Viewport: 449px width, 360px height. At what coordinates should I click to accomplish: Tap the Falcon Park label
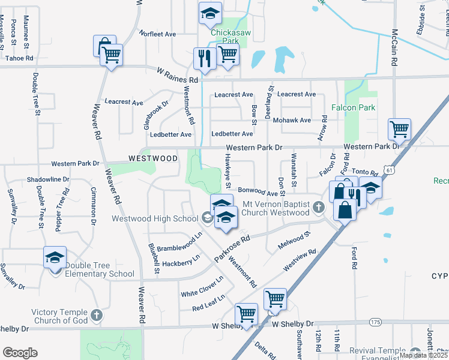tap(354, 108)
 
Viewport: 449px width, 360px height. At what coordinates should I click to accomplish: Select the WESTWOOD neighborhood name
tap(153, 158)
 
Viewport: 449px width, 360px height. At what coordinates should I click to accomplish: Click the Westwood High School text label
tap(155, 218)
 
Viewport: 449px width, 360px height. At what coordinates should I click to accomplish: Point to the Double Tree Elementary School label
tap(100, 269)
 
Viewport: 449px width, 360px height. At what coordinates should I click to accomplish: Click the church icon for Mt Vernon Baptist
tap(319, 208)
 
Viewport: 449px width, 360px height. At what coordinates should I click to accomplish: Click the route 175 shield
tap(376, 323)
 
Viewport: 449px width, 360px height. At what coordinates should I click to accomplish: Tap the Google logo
tap(20, 353)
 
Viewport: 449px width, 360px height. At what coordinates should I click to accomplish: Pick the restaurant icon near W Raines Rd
tap(204, 58)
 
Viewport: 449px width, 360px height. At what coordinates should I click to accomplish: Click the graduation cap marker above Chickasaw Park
tap(211, 13)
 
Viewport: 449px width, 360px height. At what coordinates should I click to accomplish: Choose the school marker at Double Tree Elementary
tap(55, 258)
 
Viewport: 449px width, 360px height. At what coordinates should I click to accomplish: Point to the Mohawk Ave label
tap(292, 120)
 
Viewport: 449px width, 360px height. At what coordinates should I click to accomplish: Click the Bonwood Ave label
tap(258, 191)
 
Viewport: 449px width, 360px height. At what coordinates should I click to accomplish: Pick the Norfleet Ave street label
tap(157, 34)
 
